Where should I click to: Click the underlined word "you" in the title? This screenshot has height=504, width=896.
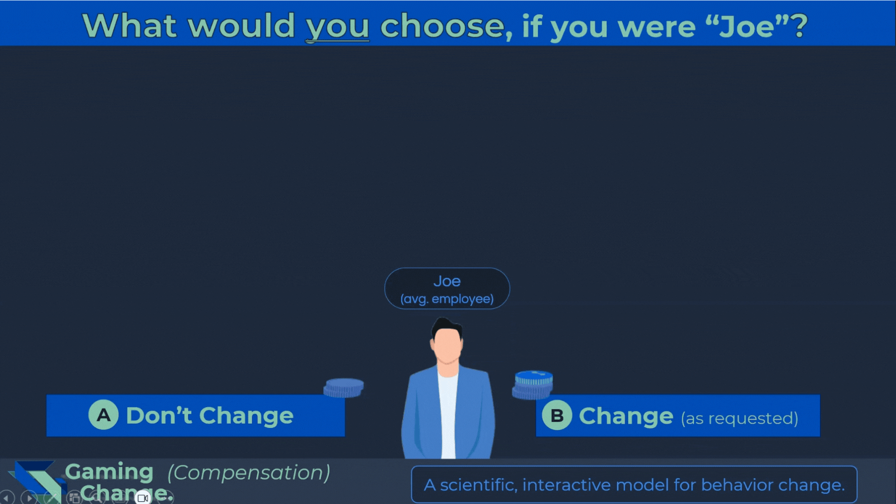pyautogui.click(x=337, y=27)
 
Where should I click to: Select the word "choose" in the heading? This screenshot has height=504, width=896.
pyautogui.click(x=442, y=26)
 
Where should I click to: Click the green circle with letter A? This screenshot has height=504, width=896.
pyautogui.click(x=104, y=415)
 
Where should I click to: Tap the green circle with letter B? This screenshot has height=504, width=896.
pyautogui.click(x=557, y=415)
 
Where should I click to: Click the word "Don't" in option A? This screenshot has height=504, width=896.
pyautogui.click(x=159, y=415)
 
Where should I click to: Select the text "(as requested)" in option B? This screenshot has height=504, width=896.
pyautogui.click(x=740, y=419)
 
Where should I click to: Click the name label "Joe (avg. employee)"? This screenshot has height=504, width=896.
pyautogui.click(x=447, y=288)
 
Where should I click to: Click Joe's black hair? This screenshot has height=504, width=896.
pyautogui.click(x=446, y=327)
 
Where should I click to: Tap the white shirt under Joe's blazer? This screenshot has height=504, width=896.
pyautogui.click(x=448, y=415)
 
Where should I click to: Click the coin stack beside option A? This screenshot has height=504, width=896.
pyautogui.click(x=343, y=388)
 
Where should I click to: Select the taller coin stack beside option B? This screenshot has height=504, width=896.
pyautogui.click(x=533, y=385)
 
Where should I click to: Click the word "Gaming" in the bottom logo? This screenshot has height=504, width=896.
pyautogui.click(x=109, y=472)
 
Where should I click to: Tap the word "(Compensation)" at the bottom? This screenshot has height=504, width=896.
pyautogui.click(x=249, y=473)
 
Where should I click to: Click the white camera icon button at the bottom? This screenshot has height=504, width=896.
pyautogui.click(x=143, y=498)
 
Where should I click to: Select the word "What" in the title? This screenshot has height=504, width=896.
pyautogui.click(x=129, y=26)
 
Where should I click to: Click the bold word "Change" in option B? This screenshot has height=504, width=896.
pyautogui.click(x=626, y=416)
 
